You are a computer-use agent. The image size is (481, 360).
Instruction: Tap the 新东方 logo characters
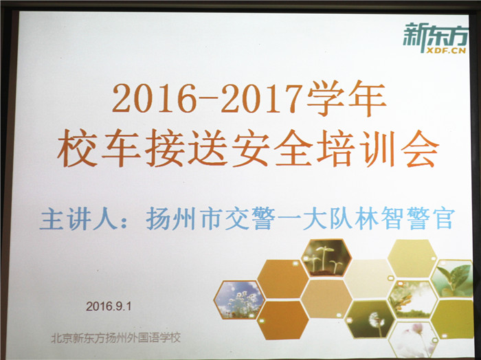point(435,34)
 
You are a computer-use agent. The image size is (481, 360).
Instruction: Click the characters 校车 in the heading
point(98,148)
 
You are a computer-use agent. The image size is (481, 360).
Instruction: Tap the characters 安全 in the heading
point(270,148)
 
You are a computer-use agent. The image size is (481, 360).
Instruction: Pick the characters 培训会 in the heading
point(377,148)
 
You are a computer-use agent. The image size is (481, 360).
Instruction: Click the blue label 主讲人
point(79,219)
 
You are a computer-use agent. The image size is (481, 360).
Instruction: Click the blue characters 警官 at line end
point(429,218)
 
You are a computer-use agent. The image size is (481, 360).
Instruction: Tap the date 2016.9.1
point(109,306)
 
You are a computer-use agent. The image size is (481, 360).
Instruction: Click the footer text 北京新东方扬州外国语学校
point(116,338)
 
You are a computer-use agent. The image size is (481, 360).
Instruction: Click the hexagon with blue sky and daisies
point(239,300)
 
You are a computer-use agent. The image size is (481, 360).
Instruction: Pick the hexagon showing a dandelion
point(370,319)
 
